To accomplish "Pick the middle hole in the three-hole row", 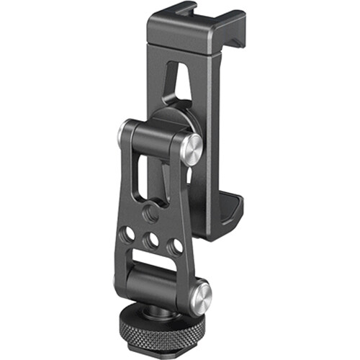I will pyautogui.click(x=152, y=240).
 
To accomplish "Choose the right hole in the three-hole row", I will pyautogui.click(x=174, y=246).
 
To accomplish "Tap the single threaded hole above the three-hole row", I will pyautogui.click(x=152, y=214).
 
